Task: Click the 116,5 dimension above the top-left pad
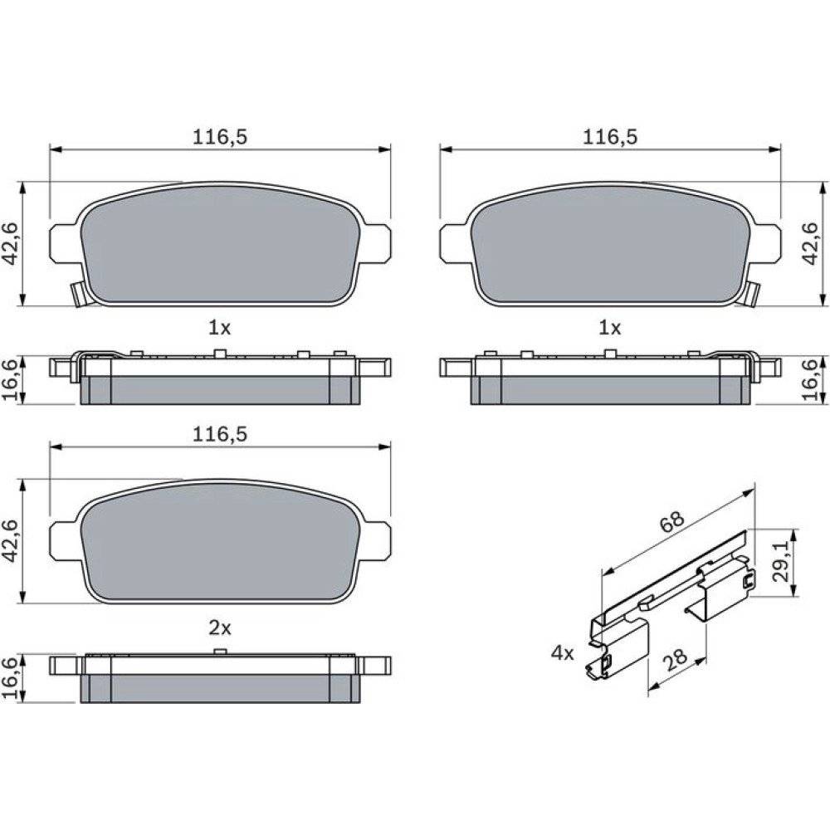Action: pyautogui.click(x=220, y=137)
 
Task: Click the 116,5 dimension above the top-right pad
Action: pyautogui.click(x=610, y=137)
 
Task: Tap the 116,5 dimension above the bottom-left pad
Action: pyautogui.click(x=220, y=435)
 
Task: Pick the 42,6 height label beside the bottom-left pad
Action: pyautogui.click(x=12, y=541)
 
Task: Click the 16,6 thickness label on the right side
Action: pyautogui.click(x=811, y=379)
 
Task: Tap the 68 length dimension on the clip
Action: pyautogui.click(x=673, y=522)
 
